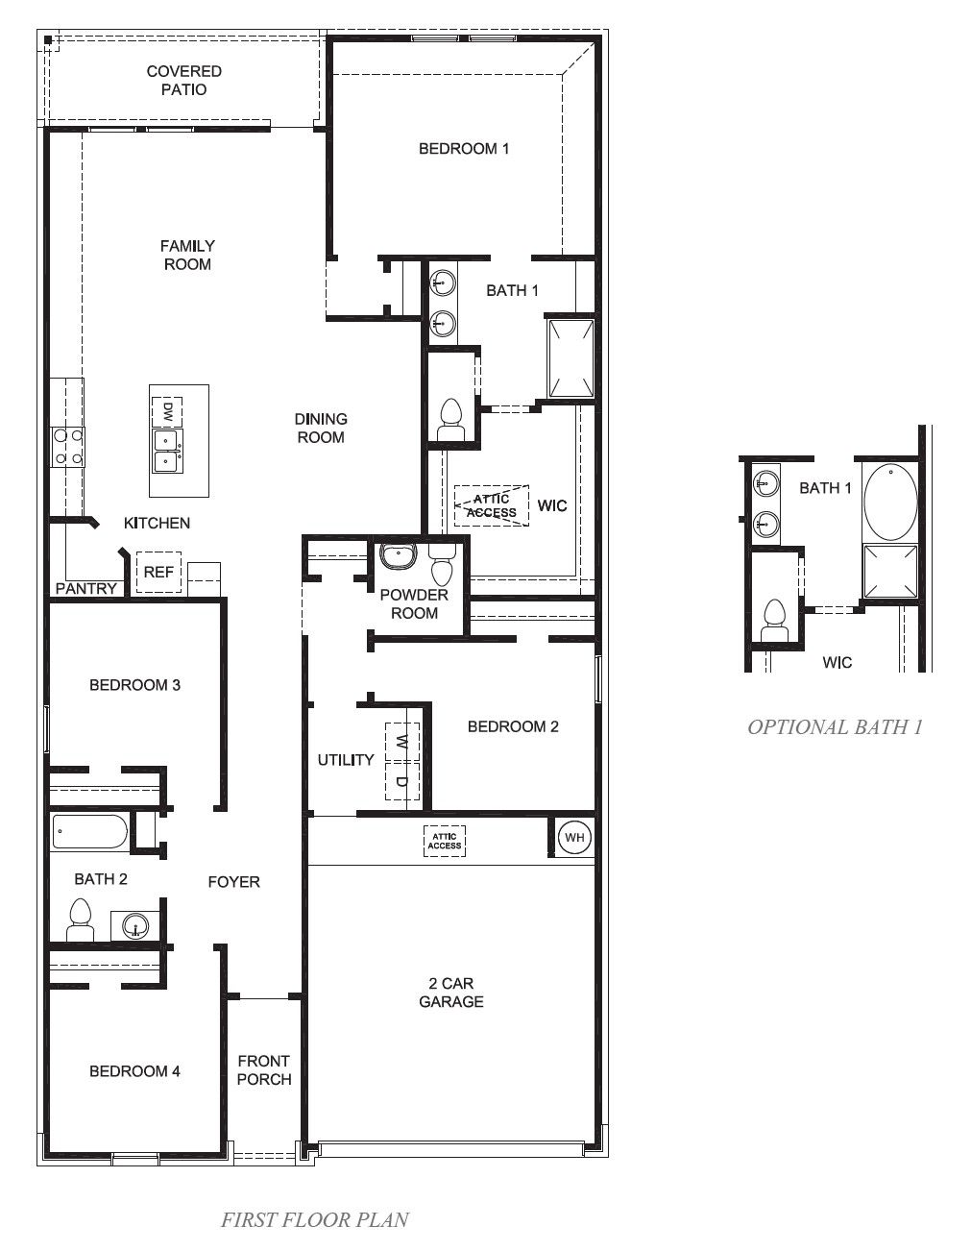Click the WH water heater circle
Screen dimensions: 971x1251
click(x=574, y=837)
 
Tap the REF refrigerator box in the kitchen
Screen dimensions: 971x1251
click(x=158, y=573)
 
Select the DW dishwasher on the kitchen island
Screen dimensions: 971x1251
click(x=167, y=411)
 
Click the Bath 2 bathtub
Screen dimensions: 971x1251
click(x=89, y=831)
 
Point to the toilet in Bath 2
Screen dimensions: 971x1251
click(x=81, y=920)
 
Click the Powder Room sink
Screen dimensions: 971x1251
click(x=398, y=557)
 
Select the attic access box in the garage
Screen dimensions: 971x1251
click(x=445, y=841)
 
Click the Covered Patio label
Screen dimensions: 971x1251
click(x=184, y=80)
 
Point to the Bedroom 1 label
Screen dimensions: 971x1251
click(x=464, y=149)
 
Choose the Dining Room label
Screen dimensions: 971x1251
click(x=321, y=428)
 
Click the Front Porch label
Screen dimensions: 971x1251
click(x=264, y=1069)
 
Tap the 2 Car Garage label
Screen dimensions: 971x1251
click(x=451, y=993)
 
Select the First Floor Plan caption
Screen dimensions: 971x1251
click(x=315, y=1220)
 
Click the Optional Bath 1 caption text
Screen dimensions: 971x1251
click(x=835, y=727)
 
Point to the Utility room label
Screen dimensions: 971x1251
click(x=346, y=760)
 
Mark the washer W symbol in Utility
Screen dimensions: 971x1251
click(x=402, y=742)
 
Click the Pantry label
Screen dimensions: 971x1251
click(x=86, y=588)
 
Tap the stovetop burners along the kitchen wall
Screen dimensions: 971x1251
click(x=68, y=447)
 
